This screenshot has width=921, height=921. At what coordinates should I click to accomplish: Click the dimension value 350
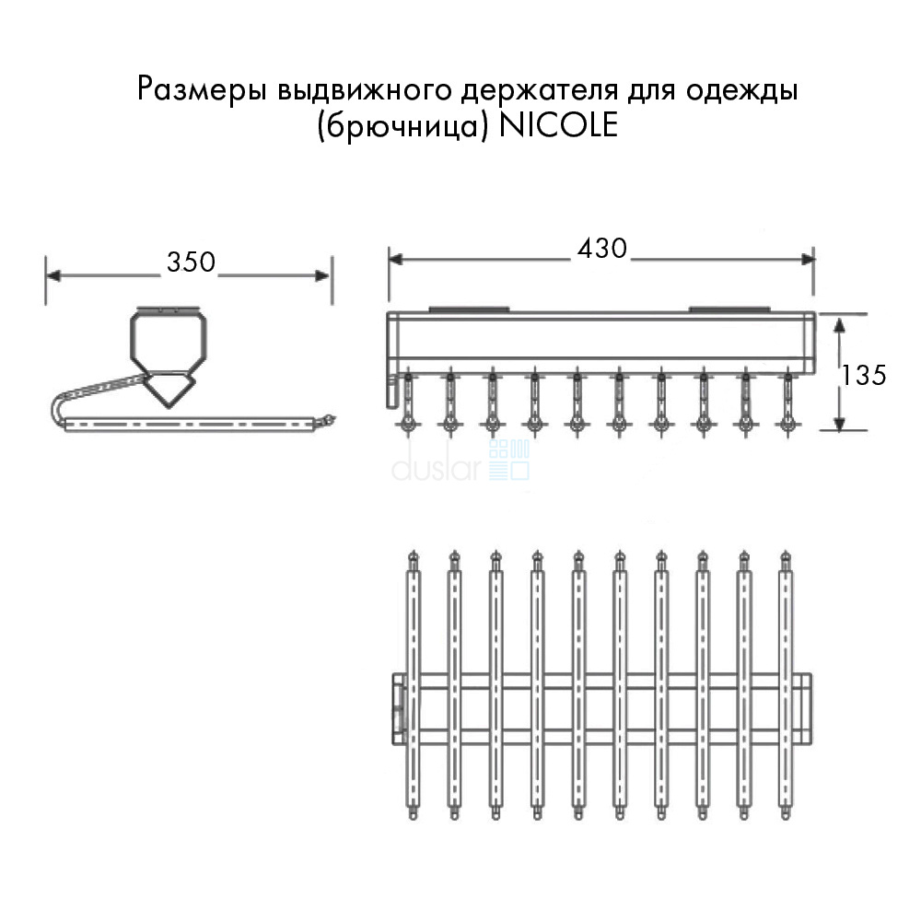[191, 262]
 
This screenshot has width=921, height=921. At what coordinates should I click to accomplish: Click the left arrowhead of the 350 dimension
[53, 275]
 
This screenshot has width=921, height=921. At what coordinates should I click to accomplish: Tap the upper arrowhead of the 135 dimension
[839, 324]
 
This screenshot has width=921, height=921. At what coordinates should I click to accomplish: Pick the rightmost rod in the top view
[786, 686]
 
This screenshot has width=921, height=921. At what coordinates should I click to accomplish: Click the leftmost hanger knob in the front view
[407, 423]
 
